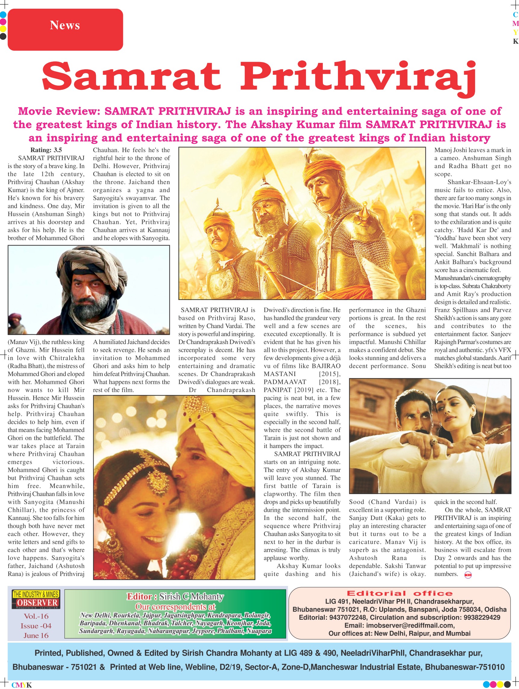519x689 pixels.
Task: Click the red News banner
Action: [65, 30]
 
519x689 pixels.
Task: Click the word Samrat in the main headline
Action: [131, 77]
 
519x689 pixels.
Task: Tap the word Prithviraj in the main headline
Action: [358, 77]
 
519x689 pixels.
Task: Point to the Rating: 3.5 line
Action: [46, 150]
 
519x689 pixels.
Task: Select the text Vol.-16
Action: [36, 616]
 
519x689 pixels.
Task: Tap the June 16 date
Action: [36, 636]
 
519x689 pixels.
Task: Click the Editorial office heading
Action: [400, 593]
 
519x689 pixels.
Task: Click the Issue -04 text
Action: [36, 626]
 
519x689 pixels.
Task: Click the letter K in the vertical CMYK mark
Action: [516, 42]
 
